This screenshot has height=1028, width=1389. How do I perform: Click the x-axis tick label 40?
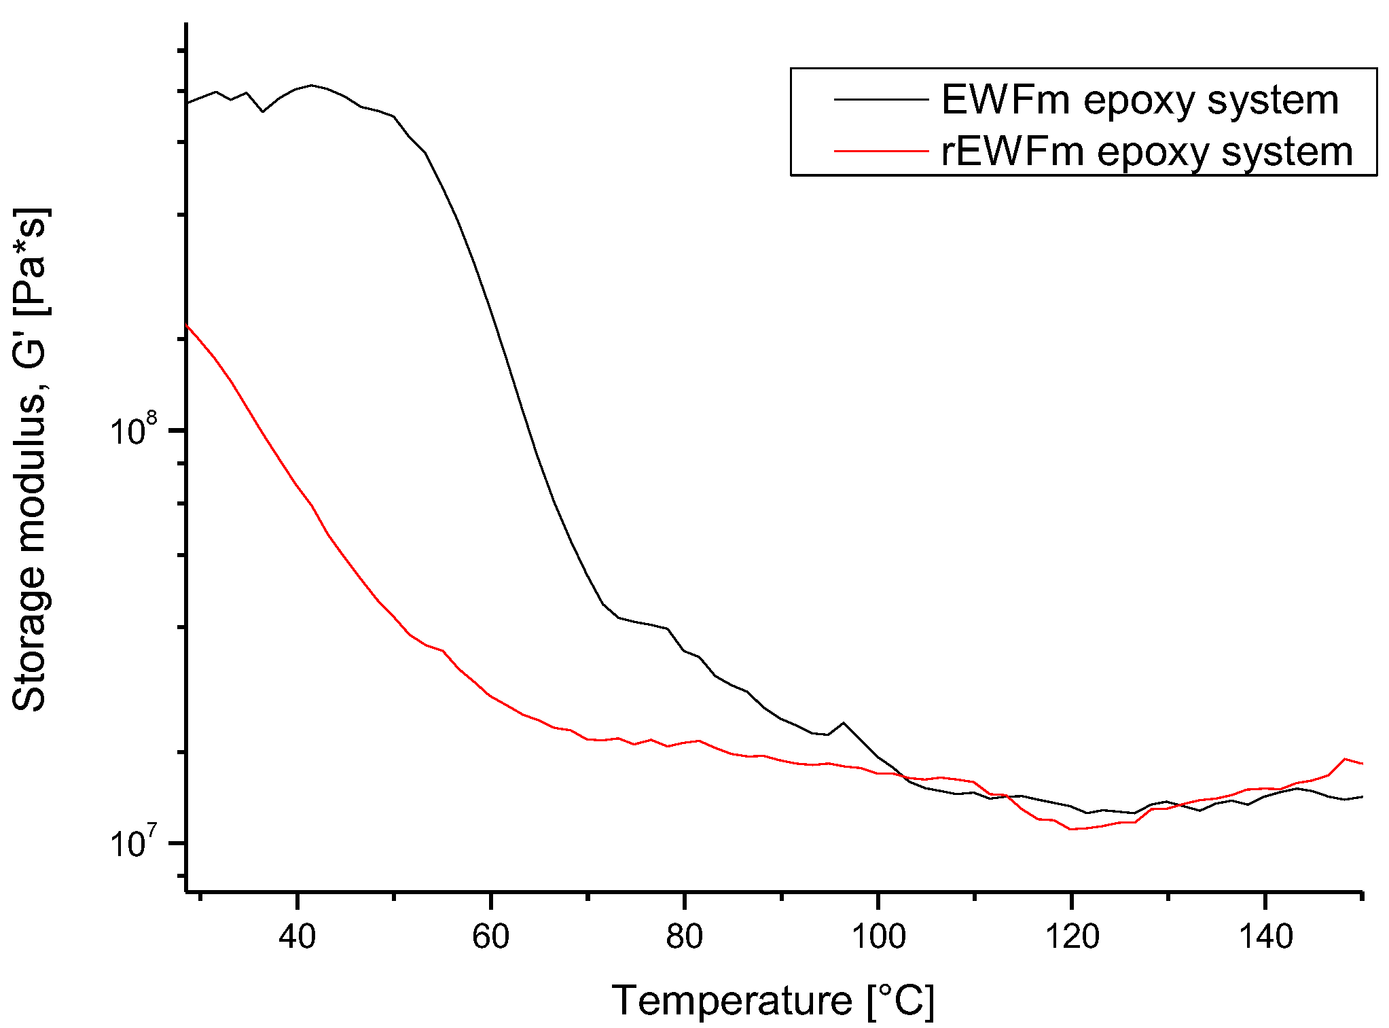click(297, 937)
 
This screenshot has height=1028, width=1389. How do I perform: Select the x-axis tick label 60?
click(490, 937)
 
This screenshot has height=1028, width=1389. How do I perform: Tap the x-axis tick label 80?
click(684, 937)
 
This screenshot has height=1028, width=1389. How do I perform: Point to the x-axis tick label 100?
click(878, 937)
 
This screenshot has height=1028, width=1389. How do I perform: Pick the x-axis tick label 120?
click(1072, 937)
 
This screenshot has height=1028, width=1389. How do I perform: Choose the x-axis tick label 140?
click(1265, 937)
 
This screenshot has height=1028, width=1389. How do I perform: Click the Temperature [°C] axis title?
click(773, 1001)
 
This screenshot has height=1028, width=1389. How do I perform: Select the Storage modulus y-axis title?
click(30, 459)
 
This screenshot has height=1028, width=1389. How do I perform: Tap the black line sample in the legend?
click(881, 99)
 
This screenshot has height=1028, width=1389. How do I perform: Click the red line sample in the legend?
click(881, 151)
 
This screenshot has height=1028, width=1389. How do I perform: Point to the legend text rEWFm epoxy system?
click(1147, 151)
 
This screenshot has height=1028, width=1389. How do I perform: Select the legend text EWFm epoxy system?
click(1140, 100)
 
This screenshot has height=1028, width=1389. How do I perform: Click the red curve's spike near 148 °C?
click(1345, 759)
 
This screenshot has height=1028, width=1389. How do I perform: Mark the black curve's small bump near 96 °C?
click(844, 723)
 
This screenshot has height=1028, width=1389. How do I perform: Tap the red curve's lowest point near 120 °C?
click(1071, 829)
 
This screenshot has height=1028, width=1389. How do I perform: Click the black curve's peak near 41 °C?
click(312, 85)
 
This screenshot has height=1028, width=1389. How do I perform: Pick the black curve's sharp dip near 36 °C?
click(263, 111)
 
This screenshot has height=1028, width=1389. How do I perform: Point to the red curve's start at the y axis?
click(187, 326)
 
